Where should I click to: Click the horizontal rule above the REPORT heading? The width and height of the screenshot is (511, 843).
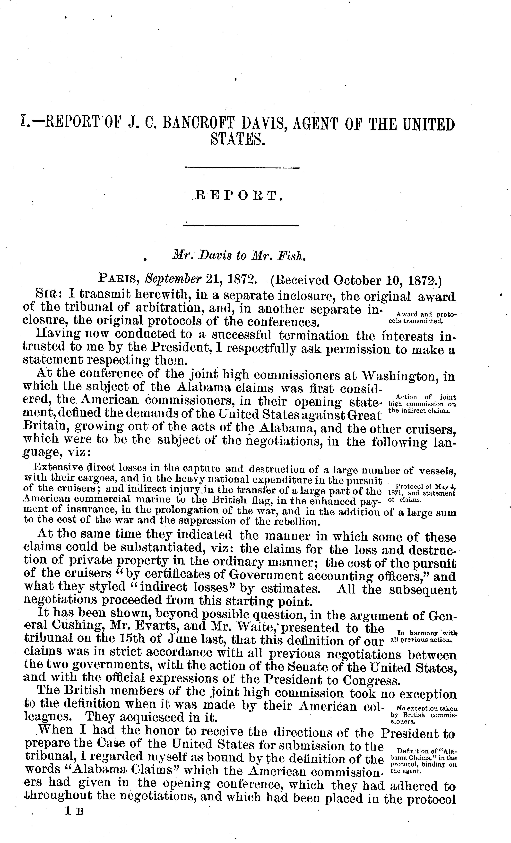[x=241, y=168]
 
